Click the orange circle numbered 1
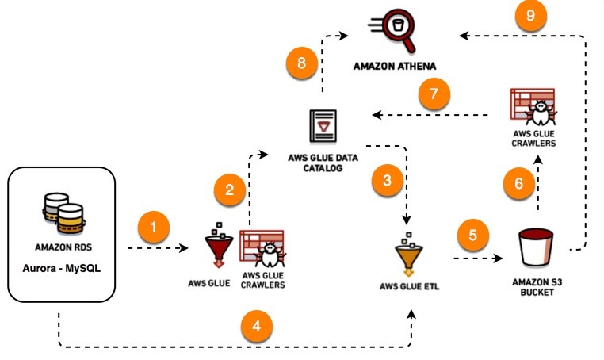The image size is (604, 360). coord(154,228)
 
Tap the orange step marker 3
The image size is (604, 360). coord(387,180)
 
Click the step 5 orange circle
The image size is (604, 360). coord(473,235)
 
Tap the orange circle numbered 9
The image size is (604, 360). coord(530,17)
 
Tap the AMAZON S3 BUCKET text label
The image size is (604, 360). coord(536,286)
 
